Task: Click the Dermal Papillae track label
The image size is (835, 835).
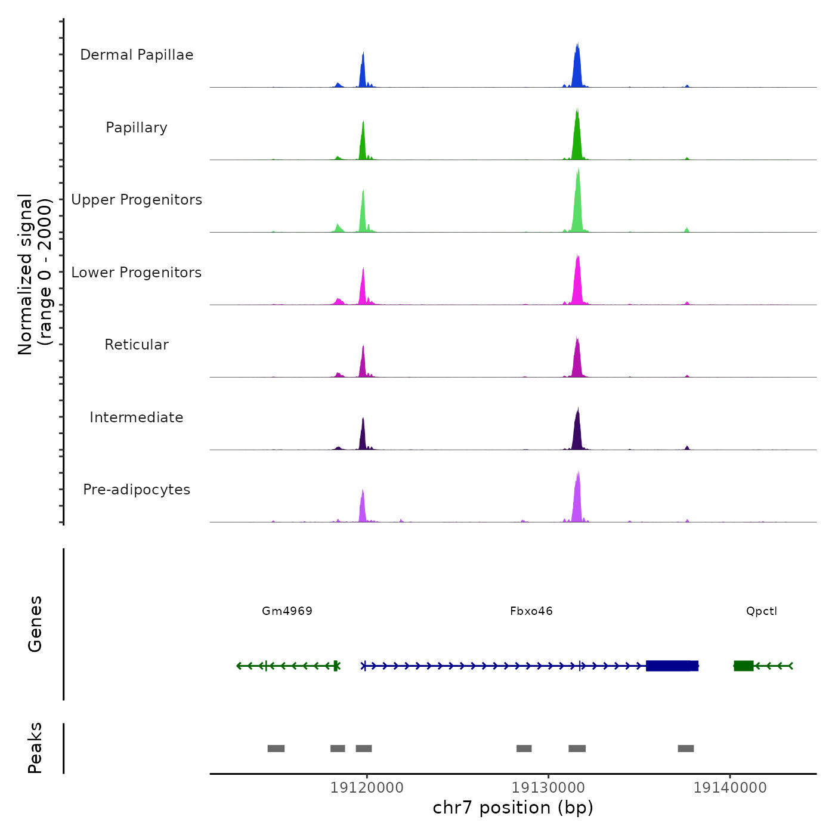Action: click(x=137, y=55)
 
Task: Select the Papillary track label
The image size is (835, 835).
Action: click(x=137, y=128)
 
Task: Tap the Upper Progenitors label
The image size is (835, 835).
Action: click(x=137, y=200)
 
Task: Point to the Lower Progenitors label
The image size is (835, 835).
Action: click(x=137, y=273)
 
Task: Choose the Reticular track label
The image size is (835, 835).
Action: click(x=137, y=345)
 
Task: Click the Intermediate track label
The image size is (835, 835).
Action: click(x=137, y=417)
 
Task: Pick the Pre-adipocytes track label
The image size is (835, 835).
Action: click(x=137, y=490)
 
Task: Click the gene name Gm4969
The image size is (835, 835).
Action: click(x=287, y=611)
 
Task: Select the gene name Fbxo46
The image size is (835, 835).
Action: click(x=531, y=611)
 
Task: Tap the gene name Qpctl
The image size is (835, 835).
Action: click(x=762, y=611)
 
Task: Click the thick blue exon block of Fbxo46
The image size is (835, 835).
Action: click(x=672, y=666)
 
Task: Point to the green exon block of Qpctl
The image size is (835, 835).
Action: click(x=743, y=666)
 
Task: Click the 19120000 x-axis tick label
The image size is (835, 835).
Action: click(x=367, y=788)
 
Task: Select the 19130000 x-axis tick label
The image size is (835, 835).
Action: click(x=548, y=788)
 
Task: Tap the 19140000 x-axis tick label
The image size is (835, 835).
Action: click(x=730, y=788)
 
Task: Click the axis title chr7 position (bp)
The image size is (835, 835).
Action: click(x=513, y=808)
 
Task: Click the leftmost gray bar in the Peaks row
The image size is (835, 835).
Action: click(x=276, y=749)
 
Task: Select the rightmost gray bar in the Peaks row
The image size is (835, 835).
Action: click(x=686, y=749)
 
